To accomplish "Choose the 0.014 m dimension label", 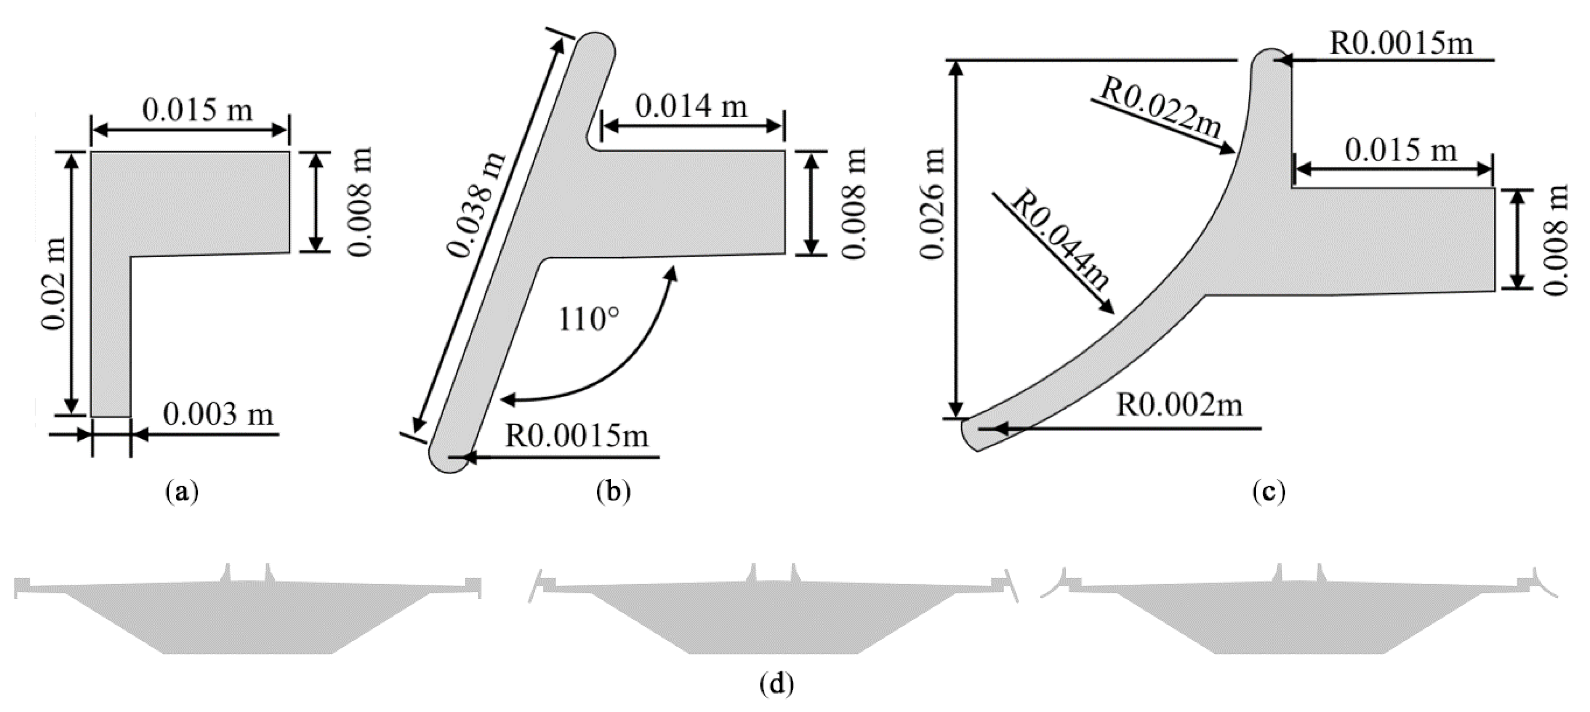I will [x=691, y=107].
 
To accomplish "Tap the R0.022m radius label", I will [x=1160, y=109].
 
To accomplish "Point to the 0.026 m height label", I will [x=932, y=204].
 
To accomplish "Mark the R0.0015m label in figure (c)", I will [x=1401, y=44].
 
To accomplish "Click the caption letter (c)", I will [x=1268, y=492].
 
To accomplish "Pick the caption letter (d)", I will [x=776, y=684].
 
